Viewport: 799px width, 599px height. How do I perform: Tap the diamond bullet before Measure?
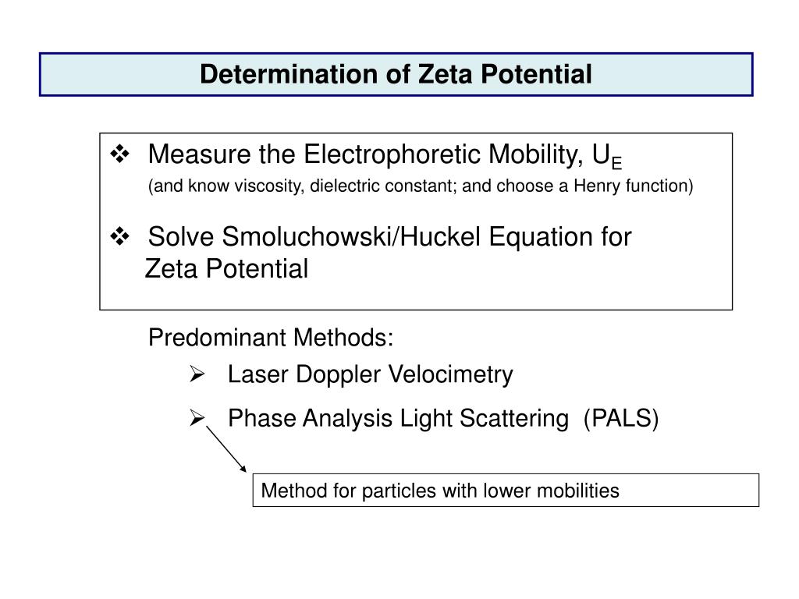(x=119, y=154)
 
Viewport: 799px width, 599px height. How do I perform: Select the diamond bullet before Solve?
(x=119, y=236)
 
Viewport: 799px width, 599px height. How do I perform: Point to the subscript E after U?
(x=616, y=164)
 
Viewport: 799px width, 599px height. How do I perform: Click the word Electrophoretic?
(x=392, y=155)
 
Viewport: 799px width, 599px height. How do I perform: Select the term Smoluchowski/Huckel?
(x=351, y=237)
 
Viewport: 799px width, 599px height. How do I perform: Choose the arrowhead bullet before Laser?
(x=197, y=374)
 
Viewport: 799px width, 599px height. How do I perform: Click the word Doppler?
(x=338, y=375)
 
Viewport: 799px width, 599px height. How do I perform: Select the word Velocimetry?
(x=450, y=375)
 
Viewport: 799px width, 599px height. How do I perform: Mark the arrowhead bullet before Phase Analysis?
(x=197, y=418)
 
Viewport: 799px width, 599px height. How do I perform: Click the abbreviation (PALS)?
(x=621, y=419)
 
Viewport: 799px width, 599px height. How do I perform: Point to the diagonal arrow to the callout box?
(x=226, y=449)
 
